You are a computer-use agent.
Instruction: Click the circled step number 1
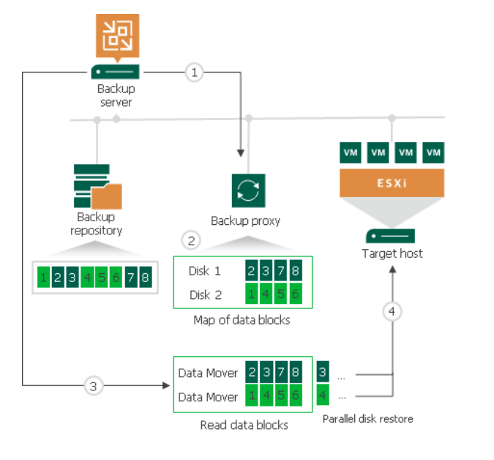click(x=194, y=72)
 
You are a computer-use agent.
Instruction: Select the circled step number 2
click(x=191, y=240)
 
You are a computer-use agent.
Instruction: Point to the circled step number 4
click(x=392, y=311)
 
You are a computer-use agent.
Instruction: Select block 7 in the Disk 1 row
click(x=280, y=271)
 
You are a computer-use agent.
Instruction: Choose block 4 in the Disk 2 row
click(x=266, y=294)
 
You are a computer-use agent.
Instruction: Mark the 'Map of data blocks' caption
click(x=242, y=320)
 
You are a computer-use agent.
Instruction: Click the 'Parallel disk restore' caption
click(x=367, y=419)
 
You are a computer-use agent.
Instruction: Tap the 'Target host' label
click(x=392, y=253)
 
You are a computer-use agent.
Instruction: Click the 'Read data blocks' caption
click(x=244, y=425)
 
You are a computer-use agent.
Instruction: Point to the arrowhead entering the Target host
click(x=392, y=269)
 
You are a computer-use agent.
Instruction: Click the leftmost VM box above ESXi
click(x=351, y=152)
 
